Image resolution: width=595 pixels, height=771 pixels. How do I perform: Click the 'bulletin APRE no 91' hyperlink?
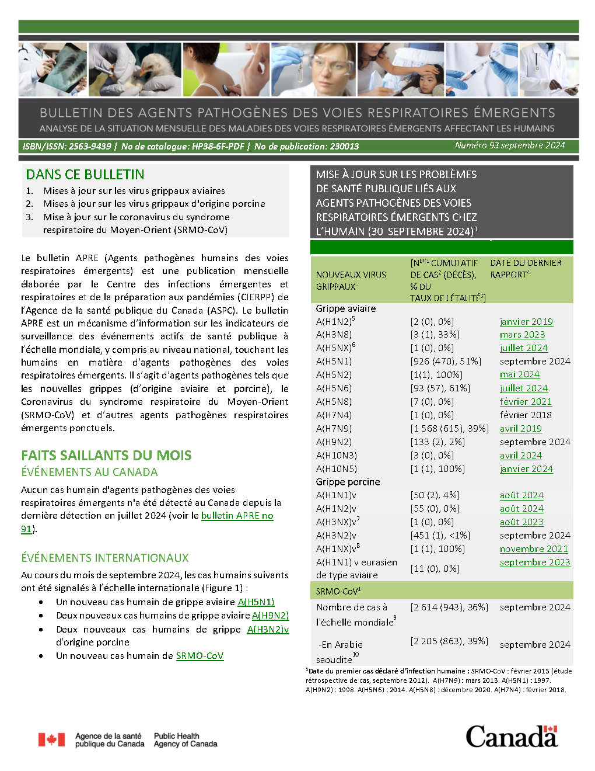pos(236,516)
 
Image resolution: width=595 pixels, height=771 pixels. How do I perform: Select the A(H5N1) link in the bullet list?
pos(256,602)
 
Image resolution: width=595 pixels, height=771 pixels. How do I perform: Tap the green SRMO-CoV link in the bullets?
pos(199,656)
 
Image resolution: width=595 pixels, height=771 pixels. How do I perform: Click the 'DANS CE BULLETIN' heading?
pos(85,175)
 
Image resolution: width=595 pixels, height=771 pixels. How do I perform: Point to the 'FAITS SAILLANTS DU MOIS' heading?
pos(106,456)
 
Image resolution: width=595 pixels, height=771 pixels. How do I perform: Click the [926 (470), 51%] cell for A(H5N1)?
pos(446,362)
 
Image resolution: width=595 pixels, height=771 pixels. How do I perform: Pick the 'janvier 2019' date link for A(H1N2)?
pos(526,322)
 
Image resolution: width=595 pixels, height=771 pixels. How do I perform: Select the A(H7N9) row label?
pos(334,429)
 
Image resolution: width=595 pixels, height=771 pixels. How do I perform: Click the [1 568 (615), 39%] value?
pos(449,429)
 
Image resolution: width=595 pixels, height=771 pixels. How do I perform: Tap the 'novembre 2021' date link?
pos(534,549)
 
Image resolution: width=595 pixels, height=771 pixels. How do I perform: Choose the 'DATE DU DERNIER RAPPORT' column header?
pos(525,269)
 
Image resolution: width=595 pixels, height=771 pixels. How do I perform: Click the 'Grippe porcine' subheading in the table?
pos(348,482)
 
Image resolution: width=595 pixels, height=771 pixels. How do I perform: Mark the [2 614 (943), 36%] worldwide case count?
pos(449,607)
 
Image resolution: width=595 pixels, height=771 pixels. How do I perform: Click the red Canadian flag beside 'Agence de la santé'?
pos(52,739)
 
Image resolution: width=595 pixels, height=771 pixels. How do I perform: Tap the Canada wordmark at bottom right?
pos(511,737)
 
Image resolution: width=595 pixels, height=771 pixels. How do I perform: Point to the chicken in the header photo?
pos(158,73)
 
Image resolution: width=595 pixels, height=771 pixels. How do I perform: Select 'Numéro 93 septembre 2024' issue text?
pos(510,145)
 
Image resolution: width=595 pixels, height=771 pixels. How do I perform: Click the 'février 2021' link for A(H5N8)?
pos(526,402)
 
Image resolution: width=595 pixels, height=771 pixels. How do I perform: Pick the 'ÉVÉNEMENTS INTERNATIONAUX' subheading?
pos(105,558)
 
